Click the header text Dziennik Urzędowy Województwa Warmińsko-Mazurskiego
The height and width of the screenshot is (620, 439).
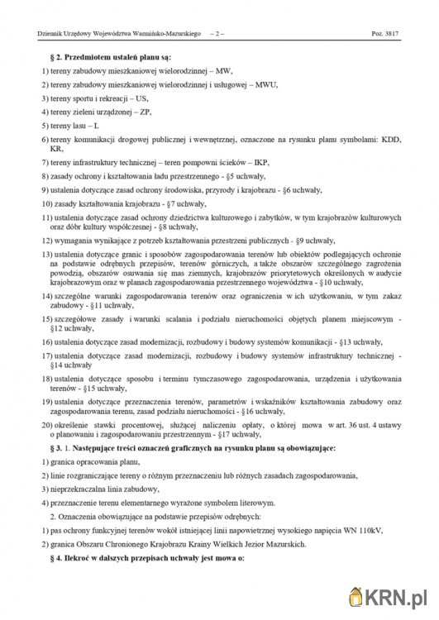click(120, 35)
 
